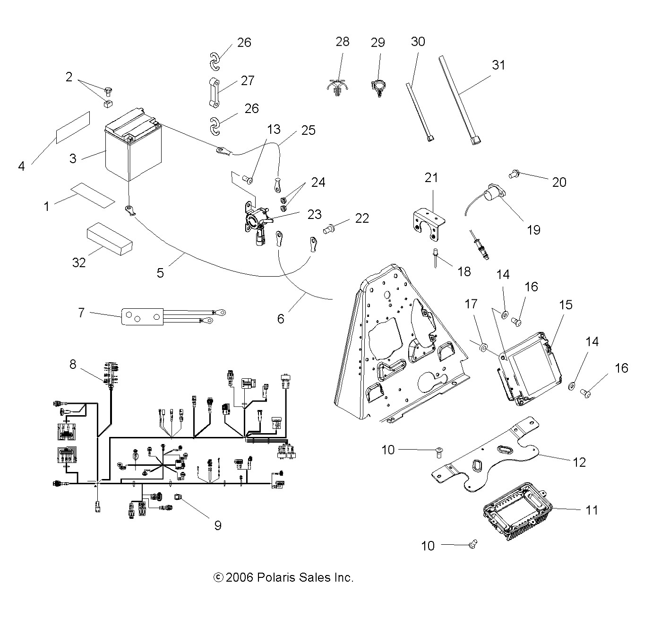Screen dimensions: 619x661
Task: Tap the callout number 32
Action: [79, 262]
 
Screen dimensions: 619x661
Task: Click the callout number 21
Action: [431, 178]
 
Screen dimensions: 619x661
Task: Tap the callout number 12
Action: [579, 462]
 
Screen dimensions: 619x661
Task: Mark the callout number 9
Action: [217, 525]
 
